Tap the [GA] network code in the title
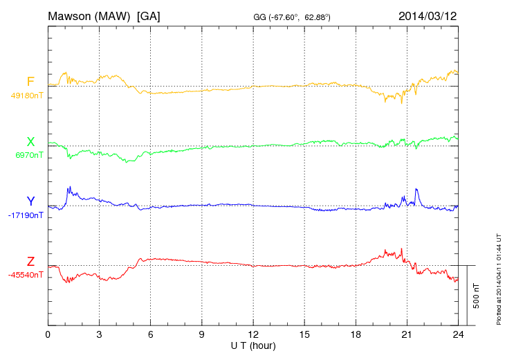click(x=149, y=15)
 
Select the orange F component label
click(x=30, y=82)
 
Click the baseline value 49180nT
click(x=27, y=96)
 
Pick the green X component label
click(x=30, y=142)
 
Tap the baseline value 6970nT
click(x=29, y=155)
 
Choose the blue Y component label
click(x=30, y=201)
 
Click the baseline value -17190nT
click(x=27, y=215)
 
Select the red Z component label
click(x=30, y=261)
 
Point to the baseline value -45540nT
click(x=27, y=275)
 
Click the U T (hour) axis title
click(x=252, y=345)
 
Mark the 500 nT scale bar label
click(x=476, y=295)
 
